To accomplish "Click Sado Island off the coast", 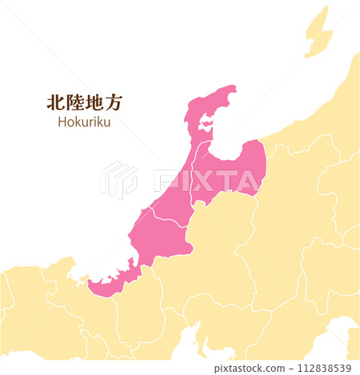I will [318, 33].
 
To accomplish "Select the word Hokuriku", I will [84, 122].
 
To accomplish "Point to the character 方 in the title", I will [116, 102].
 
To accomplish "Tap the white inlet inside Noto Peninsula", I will [206, 125].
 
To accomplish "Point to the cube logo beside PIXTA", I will [118, 180].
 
